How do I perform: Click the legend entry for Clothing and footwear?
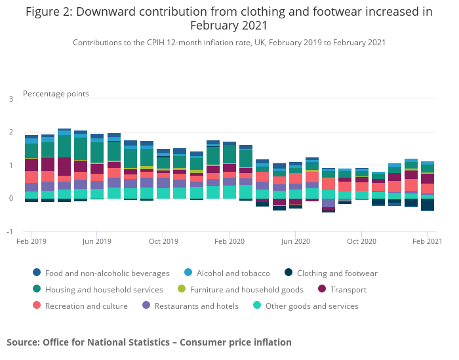pyautogui.click(x=337, y=273)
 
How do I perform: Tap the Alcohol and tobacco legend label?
pyautogui.click(x=233, y=273)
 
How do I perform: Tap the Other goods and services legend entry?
pyautogui.click(x=311, y=306)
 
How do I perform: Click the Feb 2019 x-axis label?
pyautogui.click(x=31, y=241)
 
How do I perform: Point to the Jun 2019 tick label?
pyautogui.click(x=98, y=241)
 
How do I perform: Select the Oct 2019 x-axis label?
pyautogui.click(x=164, y=241)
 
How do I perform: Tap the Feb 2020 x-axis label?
pyautogui.click(x=230, y=241)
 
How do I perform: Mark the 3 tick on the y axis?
pyautogui.click(x=11, y=99)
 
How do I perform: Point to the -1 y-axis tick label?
pyautogui.click(x=10, y=231)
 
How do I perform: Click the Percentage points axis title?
pyautogui.click(x=56, y=94)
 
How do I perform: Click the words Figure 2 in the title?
pyautogui.click(x=50, y=12)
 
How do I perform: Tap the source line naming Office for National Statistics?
pyautogui.click(x=149, y=342)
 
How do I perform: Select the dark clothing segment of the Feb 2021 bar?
pyautogui.click(x=428, y=204)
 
